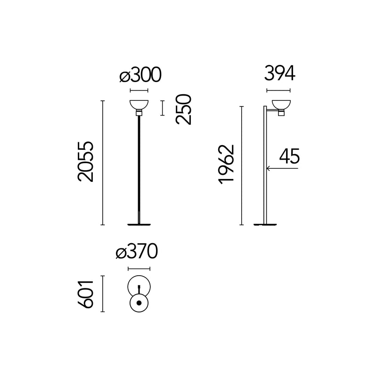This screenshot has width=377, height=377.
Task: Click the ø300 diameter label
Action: coord(140,74)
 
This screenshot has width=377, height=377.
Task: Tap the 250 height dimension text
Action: coord(183,109)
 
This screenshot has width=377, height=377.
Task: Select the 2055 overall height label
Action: coord(85,161)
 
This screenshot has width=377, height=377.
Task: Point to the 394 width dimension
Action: coord(279,73)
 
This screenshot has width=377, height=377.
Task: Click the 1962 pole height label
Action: coord(226,164)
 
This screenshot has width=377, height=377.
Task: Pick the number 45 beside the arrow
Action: coord(289,156)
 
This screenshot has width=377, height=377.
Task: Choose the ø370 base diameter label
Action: coord(137,251)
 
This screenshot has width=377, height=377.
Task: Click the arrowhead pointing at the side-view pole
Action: coord(268,168)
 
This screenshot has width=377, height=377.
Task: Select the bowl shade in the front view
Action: coord(139,105)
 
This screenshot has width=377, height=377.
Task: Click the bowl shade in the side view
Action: coord(281,105)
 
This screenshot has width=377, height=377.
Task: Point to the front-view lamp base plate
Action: coord(139,225)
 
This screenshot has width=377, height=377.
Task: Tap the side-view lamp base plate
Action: coord(265,225)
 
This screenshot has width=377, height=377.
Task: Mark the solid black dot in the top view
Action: coord(139,303)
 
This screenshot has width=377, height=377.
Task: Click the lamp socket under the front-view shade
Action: coord(139,113)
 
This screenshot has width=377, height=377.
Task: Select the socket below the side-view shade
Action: coord(281,113)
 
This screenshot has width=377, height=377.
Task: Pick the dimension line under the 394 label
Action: coord(279,90)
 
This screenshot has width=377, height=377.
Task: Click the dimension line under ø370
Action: coord(139,269)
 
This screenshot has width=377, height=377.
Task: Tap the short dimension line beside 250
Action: coord(163,108)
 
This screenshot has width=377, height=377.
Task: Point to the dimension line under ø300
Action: coord(139,90)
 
